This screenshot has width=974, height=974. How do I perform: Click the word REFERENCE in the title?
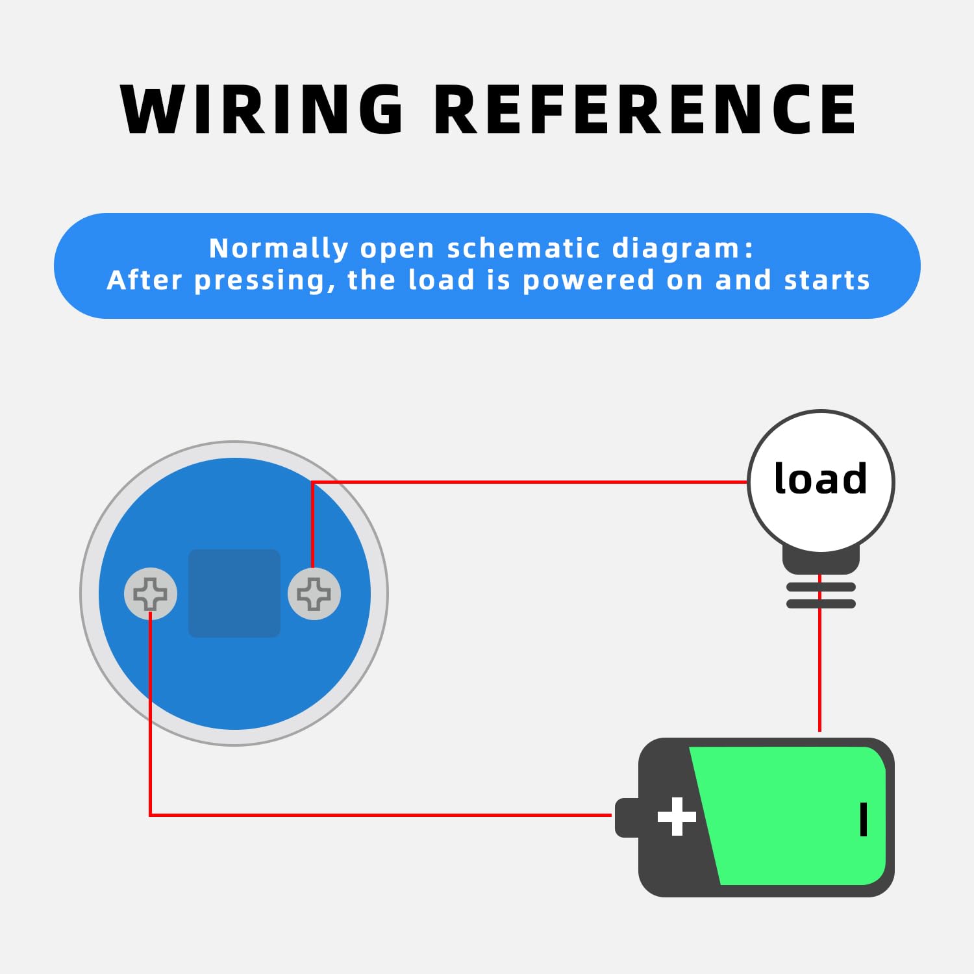[645, 110]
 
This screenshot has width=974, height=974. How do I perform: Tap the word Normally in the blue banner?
[279, 249]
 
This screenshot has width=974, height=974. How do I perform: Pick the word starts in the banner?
[827, 281]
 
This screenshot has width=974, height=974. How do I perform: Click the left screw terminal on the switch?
[151, 593]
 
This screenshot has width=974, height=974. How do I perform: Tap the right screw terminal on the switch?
[314, 593]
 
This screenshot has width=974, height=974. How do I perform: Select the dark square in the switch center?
[234, 593]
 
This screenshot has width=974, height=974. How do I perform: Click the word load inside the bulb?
[821, 479]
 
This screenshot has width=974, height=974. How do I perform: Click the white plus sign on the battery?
[677, 816]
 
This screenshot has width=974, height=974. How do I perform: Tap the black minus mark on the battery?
[864, 819]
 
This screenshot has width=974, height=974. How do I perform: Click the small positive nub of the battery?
[627, 817]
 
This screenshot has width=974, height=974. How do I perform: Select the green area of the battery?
[792, 815]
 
